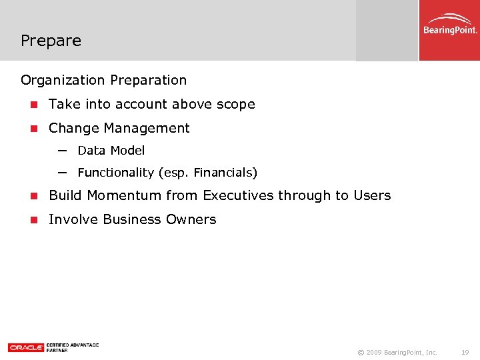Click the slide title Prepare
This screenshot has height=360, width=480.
tap(51, 41)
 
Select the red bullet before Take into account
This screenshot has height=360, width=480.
tap(33, 105)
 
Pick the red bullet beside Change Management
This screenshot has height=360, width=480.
tap(33, 129)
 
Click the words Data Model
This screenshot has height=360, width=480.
tap(111, 151)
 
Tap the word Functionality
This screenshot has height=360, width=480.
tap(115, 173)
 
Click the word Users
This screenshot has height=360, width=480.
tap(371, 195)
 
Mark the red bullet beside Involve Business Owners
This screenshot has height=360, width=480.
tap(33, 220)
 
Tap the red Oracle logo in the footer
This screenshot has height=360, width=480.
tap(25, 347)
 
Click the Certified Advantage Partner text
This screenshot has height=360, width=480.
tap(72, 347)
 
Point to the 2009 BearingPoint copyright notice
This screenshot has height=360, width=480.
tap(397, 351)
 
